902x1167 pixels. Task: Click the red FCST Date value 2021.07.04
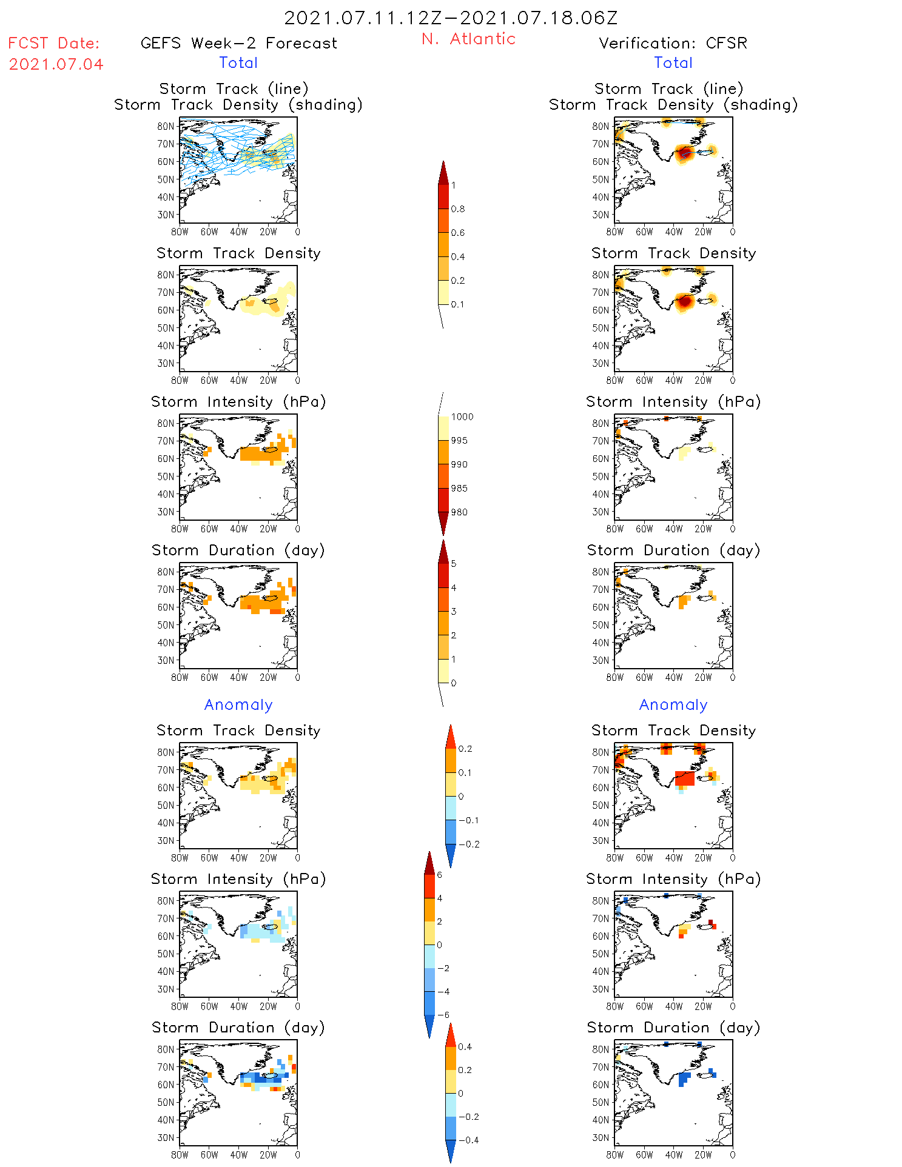pyautogui.click(x=56, y=64)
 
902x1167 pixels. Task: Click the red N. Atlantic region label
pyautogui.click(x=468, y=39)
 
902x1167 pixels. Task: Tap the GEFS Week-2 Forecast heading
pyautogui.click(x=238, y=43)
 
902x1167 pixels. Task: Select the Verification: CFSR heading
pyautogui.click(x=673, y=43)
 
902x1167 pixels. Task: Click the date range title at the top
pyautogui.click(x=451, y=18)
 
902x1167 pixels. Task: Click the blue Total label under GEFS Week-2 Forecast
pyautogui.click(x=238, y=62)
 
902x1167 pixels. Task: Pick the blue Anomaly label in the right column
pyautogui.click(x=673, y=704)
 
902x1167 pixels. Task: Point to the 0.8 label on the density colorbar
pyautogui.click(x=458, y=209)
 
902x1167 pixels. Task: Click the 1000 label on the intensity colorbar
pyautogui.click(x=462, y=417)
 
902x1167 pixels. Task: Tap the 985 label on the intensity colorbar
pyautogui.click(x=459, y=489)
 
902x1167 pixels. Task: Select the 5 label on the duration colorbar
pyautogui.click(x=454, y=564)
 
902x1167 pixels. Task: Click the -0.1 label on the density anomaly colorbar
pyautogui.click(x=468, y=820)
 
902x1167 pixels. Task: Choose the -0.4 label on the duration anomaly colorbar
pyautogui.click(x=468, y=1140)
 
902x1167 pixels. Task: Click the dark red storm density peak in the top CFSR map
pyautogui.click(x=685, y=152)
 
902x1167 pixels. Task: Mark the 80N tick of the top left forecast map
pyautogui.click(x=166, y=126)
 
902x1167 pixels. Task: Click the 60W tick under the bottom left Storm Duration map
pyautogui.click(x=209, y=1155)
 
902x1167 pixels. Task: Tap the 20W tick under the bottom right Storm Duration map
pyautogui.click(x=703, y=1155)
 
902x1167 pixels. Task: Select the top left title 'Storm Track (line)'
pyautogui.click(x=234, y=89)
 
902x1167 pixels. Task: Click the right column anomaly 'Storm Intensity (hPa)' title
pyautogui.click(x=673, y=879)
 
